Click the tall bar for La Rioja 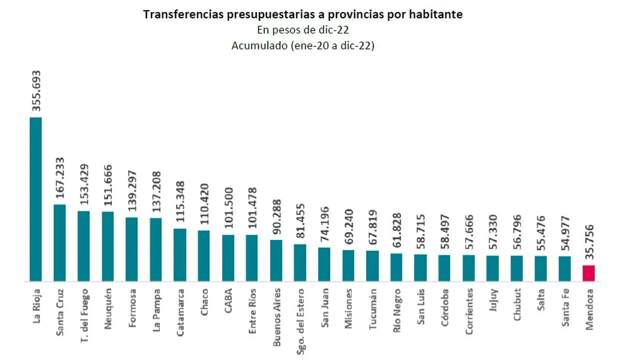coord(35,199)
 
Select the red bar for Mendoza coord(589,273)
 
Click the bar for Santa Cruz coord(60,242)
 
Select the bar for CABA coord(228,258)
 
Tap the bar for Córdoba coord(444,268)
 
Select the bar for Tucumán coord(372,266)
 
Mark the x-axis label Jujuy coord(493,300)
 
